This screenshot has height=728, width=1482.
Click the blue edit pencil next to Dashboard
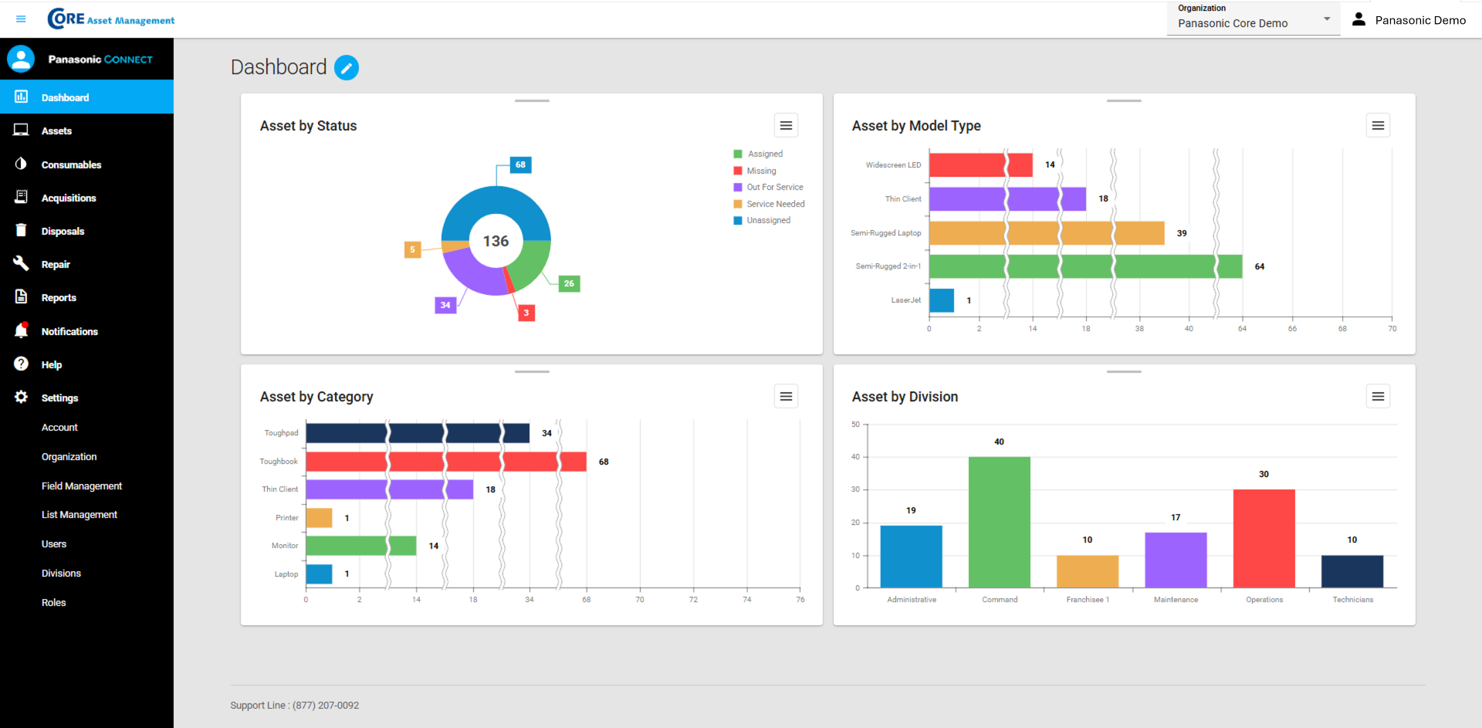(x=347, y=68)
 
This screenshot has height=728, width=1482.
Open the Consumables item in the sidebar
(x=71, y=164)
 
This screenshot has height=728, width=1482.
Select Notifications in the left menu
(x=69, y=331)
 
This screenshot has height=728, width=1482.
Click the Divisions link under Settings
(x=61, y=573)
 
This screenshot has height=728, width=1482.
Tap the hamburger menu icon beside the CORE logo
(x=21, y=19)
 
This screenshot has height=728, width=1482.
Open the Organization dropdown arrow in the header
(x=1327, y=19)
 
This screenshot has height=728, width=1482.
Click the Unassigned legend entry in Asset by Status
(x=768, y=221)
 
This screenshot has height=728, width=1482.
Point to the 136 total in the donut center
(x=496, y=241)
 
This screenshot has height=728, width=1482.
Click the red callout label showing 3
(x=526, y=313)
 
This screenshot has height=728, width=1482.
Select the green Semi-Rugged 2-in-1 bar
(x=1084, y=266)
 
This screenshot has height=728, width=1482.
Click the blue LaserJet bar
(x=942, y=300)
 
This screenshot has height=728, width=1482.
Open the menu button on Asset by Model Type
(x=1378, y=126)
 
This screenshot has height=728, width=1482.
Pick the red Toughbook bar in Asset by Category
(x=445, y=462)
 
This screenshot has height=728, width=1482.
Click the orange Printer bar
(x=319, y=518)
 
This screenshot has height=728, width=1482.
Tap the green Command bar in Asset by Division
(x=999, y=522)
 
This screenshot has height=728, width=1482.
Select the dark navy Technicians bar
(x=1352, y=571)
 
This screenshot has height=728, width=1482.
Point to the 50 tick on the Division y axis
(x=855, y=425)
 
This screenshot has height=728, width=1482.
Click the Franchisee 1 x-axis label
(x=1088, y=600)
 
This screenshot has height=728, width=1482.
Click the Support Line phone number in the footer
(x=326, y=706)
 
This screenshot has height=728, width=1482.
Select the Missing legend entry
(x=761, y=171)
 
